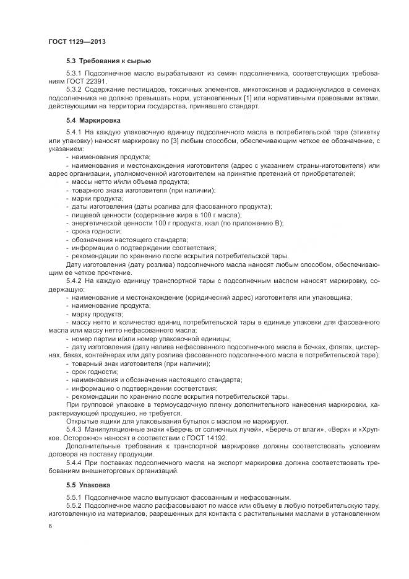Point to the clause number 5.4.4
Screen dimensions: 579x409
74,462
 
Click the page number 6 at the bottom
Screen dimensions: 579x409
50,526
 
